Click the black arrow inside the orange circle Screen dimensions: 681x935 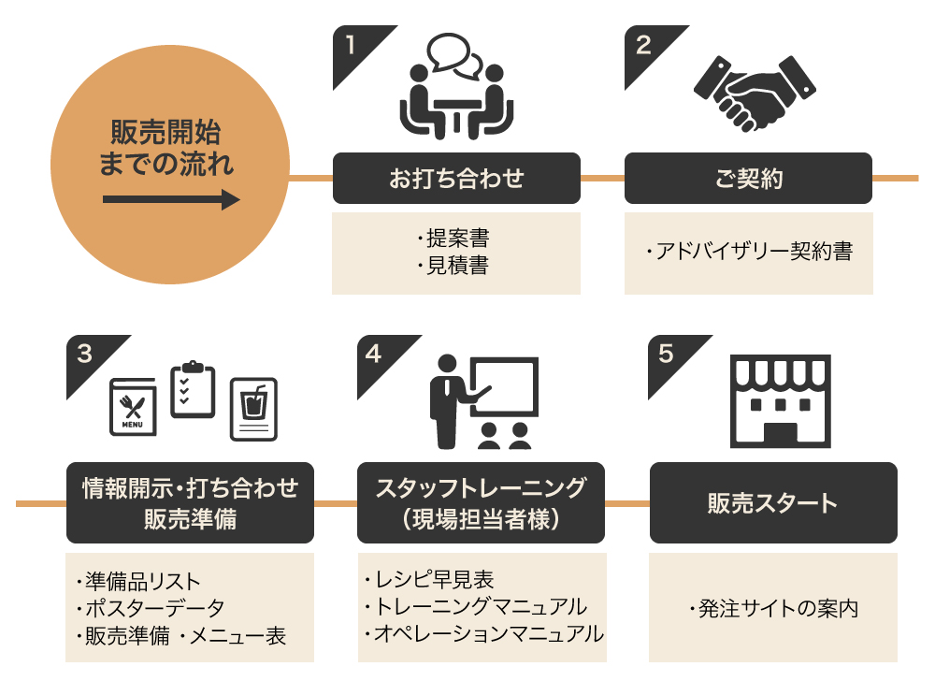(x=171, y=199)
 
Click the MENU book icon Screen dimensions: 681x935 (x=133, y=407)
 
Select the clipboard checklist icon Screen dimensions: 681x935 (x=192, y=389)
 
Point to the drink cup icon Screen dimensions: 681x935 (x=253, y=409)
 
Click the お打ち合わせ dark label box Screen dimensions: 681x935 (x=456, y=178)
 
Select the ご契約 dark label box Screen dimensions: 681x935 (x=748, y=178)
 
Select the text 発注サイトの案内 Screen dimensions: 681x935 (x=775, y=608)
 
